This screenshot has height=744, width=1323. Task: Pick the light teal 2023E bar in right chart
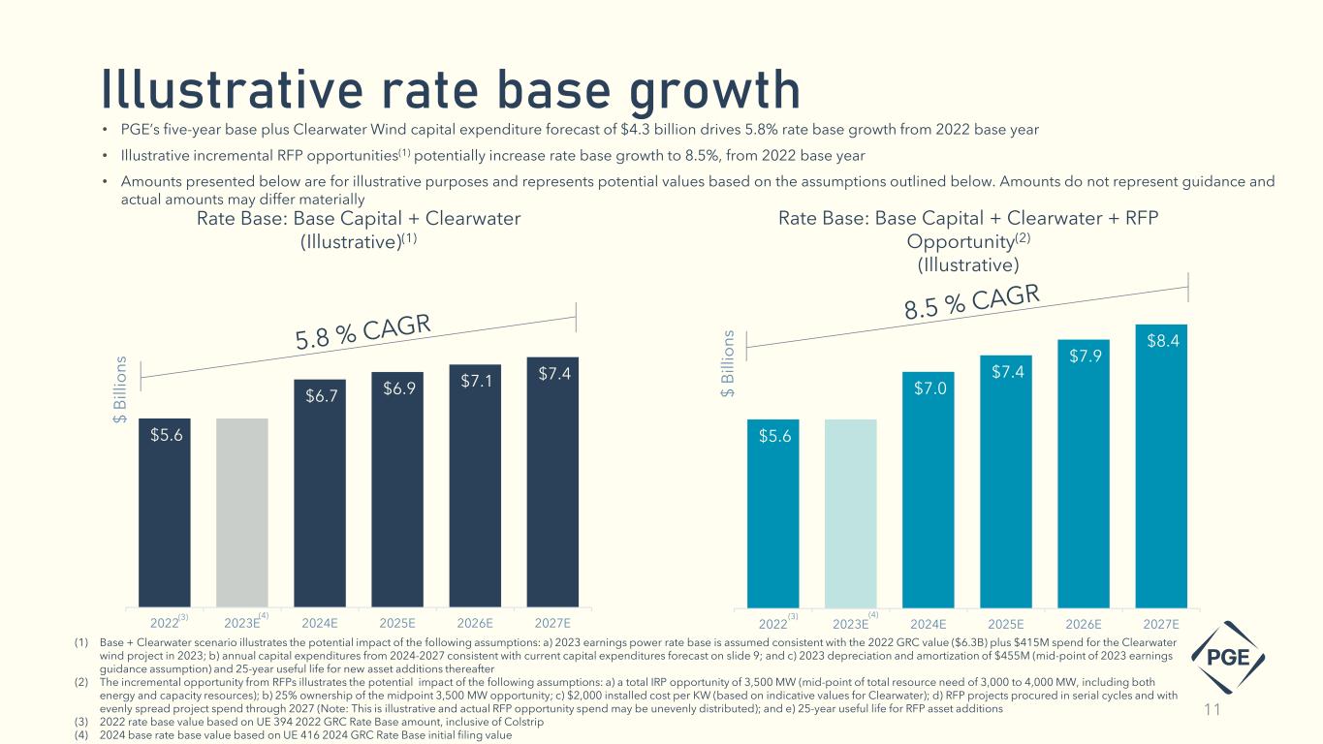850,512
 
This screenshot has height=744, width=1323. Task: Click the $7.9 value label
1083,356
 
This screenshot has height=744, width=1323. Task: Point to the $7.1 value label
474,379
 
